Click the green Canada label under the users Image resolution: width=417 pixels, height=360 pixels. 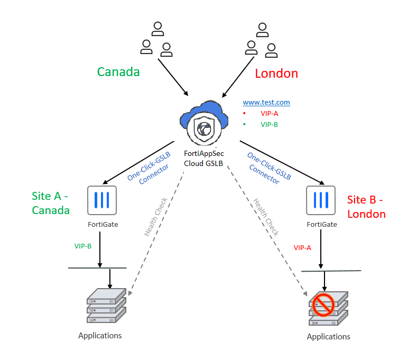(x=118, y=72)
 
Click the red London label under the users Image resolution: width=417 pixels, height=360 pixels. (x=276, y=73)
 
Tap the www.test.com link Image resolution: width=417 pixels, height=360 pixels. (x=266, y=103)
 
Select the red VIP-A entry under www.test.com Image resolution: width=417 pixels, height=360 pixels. (x=269, y=113)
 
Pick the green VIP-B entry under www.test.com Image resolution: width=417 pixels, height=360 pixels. (x=269, y=124)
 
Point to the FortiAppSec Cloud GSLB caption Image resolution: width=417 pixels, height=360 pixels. (x=203, y=158)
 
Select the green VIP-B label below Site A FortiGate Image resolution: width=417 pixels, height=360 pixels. (x=82, y=246)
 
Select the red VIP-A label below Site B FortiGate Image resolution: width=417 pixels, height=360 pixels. (x=302, y=247)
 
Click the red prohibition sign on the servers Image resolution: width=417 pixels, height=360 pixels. (x=322, y=304)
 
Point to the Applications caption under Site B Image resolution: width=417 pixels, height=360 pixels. (x=328, y=337)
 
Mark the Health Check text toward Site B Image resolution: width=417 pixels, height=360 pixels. (x=266, y=217)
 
